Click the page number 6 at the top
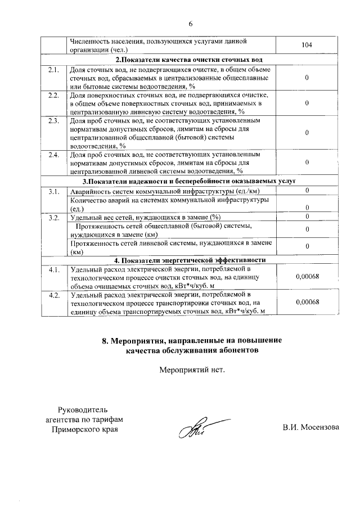(190, 24)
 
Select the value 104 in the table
(307, 45)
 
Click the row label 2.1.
(54, 70)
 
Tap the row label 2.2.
(54, 96)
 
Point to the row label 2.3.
(54, 121)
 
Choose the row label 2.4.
(54, 155)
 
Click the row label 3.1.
(54, 192)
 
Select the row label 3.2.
(54, 217)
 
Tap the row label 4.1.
(54, 270)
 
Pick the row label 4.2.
(54, 295)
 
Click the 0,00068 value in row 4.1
(307, 277)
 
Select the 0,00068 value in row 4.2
(307, 302)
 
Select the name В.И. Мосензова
(310, 427)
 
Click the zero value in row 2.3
(307, 133)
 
